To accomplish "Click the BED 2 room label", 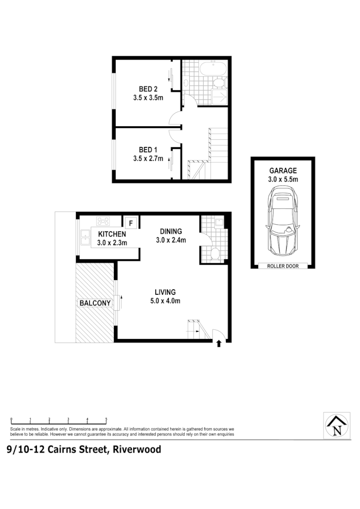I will [x=148, y=89].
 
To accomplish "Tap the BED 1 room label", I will [x=148, y=149].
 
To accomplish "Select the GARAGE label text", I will [x=283, y=170].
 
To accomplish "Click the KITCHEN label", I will [x=112, y=234].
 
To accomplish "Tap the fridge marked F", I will [x=130, y=223].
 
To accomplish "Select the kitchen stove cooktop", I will [x=103, y=221].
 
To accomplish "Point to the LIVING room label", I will [x=165, y=291].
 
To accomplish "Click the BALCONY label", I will [x=95, y=303].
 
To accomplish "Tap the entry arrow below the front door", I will [x=219, y=343].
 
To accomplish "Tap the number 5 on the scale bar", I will [x=106, y=419].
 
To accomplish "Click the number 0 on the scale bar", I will [x=11, y=419].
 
